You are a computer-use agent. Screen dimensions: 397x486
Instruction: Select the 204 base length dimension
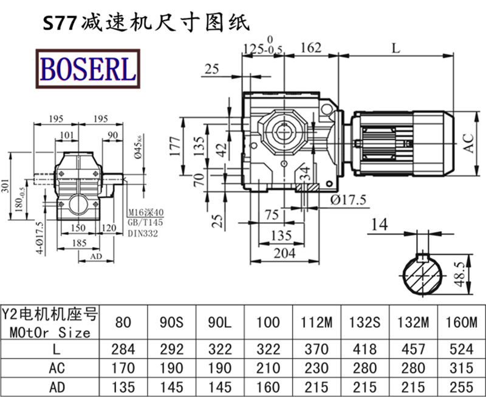283,252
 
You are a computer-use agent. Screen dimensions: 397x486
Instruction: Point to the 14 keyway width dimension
378,225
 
